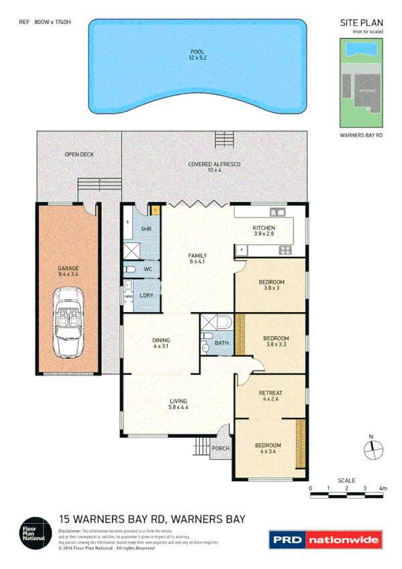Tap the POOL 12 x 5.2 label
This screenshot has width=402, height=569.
tap(196, 54)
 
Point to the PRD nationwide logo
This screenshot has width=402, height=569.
tap(325, 539)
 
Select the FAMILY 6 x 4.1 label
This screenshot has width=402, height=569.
tap(197, 259)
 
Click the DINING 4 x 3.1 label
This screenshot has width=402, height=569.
tap(161, 344)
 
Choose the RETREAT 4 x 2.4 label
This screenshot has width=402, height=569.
tap(271, 396)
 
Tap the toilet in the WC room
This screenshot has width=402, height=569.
tap(132, 270)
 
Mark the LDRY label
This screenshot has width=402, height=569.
tap(146, 296)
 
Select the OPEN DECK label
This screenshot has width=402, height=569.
tap(79, 154)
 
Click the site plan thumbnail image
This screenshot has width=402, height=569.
tap(361, 83)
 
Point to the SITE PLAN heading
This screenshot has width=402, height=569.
tap(361, 23)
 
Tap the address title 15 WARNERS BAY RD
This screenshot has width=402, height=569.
tap(152, 519)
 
